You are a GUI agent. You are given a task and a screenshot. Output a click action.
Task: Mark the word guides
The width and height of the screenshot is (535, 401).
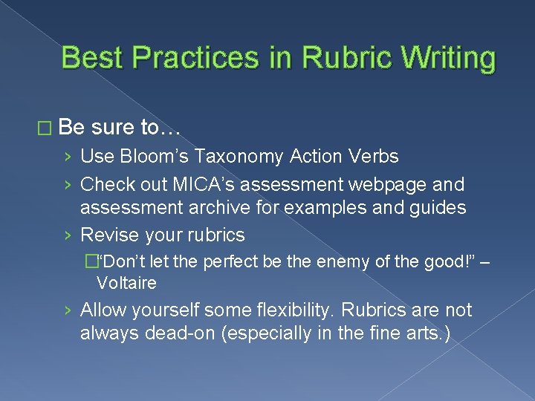point(433,208)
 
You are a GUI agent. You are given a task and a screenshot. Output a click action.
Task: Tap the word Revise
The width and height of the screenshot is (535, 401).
point(108,235)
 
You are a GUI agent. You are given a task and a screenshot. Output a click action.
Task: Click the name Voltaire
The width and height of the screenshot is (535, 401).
point(126,283)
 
